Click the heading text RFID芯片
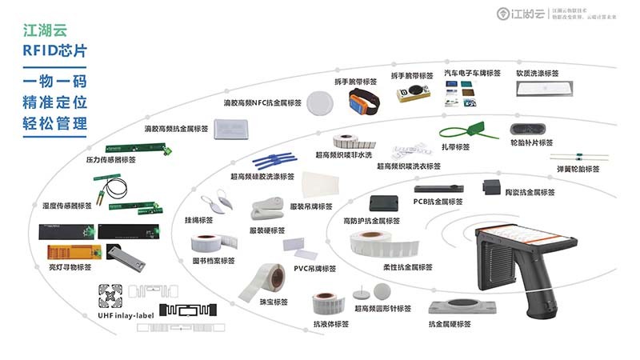click(x=55, y=50)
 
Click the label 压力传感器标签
click(x=110, y=159)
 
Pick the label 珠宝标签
click(x=274, y=302)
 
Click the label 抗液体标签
click(x=330, y=323)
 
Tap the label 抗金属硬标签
click(x=450, y=324)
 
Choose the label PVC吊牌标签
click(x=315, y=268)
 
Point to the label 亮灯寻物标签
click(x=70, y=270)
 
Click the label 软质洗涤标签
click(x=542, y=74)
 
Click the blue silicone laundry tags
click(x=273, y=157)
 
